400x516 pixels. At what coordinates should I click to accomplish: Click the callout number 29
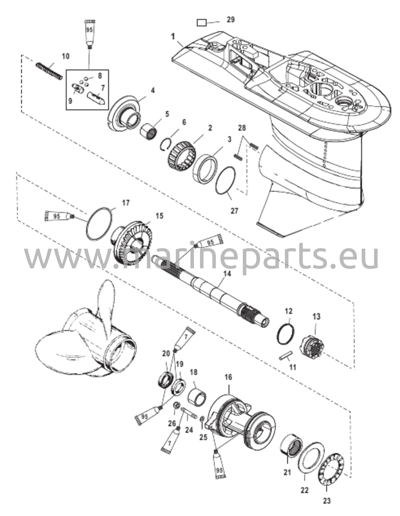[x=230, y=20]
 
